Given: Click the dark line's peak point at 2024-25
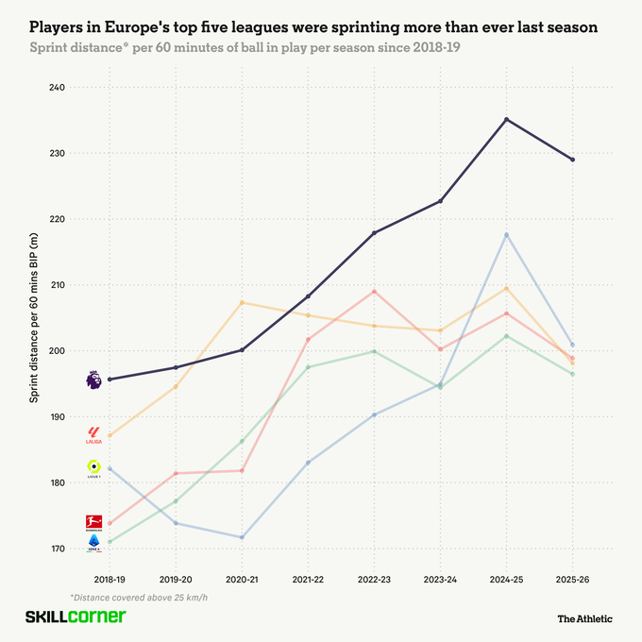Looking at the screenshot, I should (506, 120).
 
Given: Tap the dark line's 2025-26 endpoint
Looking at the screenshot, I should (572, 160).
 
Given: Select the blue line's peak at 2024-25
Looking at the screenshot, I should (506, 234).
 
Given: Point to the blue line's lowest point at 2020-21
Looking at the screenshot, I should (242, 537).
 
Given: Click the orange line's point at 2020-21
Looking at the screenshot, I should (242, 302).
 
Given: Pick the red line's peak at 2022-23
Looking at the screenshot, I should (374, 291).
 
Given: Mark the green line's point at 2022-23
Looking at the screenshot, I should (374, 352).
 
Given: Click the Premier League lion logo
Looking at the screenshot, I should (93, 380).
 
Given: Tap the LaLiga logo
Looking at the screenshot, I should (93, 435).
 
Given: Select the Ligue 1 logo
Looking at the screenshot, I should (93, 468).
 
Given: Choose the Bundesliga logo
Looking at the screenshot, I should (93, 523).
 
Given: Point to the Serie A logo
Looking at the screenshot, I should (93, 542).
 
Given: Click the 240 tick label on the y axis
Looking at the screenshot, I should (56, 88).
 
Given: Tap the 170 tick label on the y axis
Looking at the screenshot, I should (56, 549).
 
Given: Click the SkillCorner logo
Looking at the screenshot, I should (75, 617).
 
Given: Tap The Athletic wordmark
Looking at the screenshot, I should (584, 618).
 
